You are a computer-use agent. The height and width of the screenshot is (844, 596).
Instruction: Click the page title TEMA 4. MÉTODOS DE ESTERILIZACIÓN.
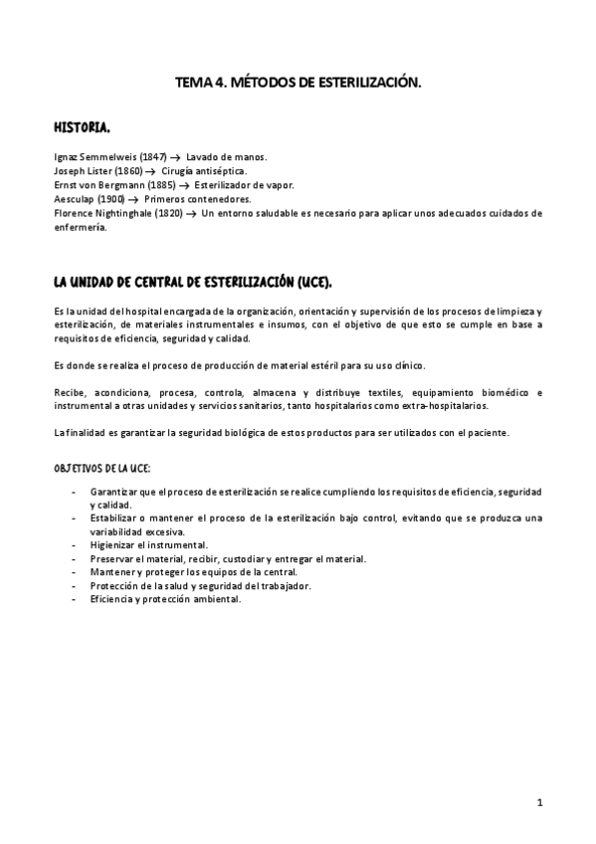[298, 86]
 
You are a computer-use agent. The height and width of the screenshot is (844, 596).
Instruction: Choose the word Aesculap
[74, 199]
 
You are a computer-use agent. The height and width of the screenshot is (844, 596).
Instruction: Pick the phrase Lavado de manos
[227, 157]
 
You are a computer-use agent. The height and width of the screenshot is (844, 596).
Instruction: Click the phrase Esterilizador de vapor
[244, 185]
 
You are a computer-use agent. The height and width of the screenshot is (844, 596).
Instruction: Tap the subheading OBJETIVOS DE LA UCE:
[102, 467]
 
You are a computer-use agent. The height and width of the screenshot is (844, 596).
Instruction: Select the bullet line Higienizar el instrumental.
[148, 545]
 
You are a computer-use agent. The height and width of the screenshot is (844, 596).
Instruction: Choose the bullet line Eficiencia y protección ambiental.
[165, 599]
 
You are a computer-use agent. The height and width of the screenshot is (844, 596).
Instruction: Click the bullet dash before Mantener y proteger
[76, 572]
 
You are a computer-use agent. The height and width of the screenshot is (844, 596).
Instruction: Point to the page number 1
[538, 801]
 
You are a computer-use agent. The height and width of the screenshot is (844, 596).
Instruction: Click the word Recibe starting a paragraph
[70, 392]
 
